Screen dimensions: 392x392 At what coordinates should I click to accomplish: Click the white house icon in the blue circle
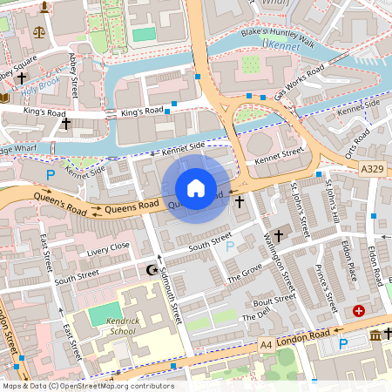point(196,188)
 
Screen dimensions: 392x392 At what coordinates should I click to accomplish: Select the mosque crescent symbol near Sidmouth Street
point(154,270)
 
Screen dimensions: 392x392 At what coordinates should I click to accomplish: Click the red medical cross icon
point(359,311)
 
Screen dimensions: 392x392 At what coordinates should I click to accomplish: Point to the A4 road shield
point(266,346)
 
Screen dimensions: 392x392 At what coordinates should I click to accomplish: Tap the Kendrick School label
point(123,327)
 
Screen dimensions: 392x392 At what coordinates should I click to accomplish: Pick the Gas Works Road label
point(299,82)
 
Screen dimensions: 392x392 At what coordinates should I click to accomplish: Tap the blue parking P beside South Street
point(230,247)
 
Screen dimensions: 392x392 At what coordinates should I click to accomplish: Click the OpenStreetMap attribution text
point(87,386)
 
